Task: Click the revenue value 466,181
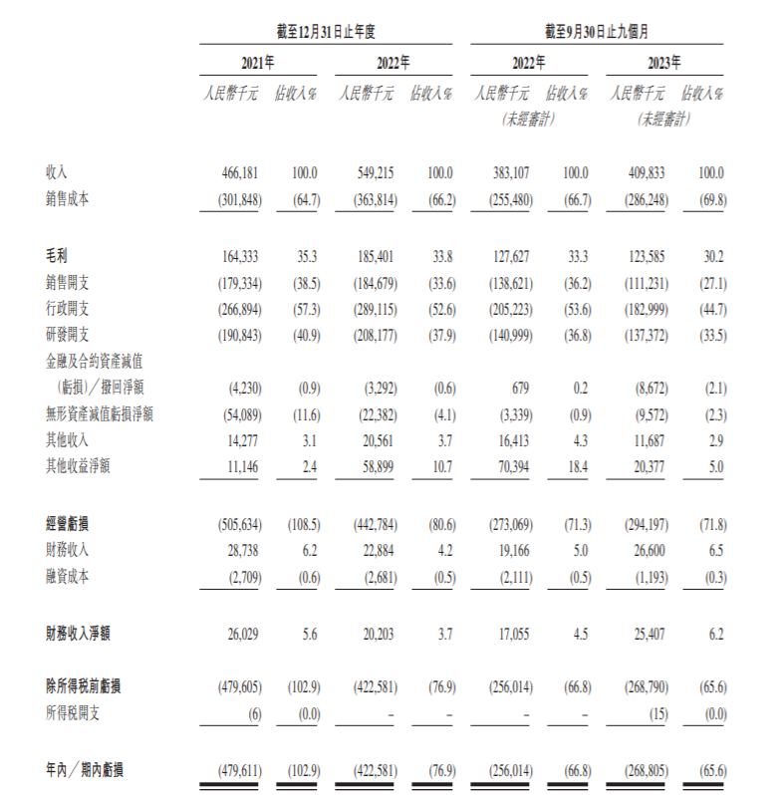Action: tap(242, 172)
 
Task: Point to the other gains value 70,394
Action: tap(514, 464)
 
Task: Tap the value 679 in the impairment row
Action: tap(525, 387)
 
